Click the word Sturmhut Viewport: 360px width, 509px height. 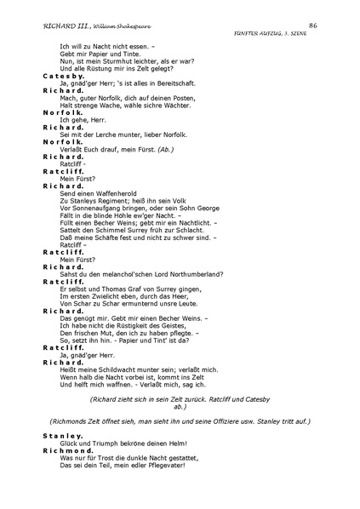coord(116,60)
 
